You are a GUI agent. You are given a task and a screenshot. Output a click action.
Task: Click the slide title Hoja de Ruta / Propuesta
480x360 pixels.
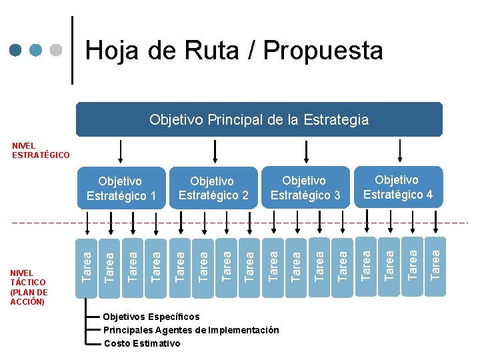click(234, 51)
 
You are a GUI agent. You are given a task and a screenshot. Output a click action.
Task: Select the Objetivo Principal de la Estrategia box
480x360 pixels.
click(259, 120)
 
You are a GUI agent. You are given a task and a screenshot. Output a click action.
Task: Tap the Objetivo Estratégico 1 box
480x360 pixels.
click(121, 188)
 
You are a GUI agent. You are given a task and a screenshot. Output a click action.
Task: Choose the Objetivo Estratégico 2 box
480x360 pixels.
click(213, 188)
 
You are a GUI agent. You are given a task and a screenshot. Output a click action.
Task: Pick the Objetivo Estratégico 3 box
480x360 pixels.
click(305, 187)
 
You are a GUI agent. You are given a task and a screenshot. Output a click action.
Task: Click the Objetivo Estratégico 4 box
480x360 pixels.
click(397, 187)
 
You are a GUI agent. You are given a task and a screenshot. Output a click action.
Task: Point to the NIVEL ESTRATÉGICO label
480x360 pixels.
click(40, 151)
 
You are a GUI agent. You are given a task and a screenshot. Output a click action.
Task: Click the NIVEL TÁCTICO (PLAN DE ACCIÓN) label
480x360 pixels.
click(29, 287)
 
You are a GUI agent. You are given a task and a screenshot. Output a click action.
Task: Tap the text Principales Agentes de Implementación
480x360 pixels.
click(191, 330)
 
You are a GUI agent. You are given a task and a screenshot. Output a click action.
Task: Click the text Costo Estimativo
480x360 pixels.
click(142, 343)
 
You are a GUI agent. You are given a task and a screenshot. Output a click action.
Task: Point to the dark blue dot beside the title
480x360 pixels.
click(17, 50)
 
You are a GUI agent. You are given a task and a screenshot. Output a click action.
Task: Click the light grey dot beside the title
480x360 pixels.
click(57, 50)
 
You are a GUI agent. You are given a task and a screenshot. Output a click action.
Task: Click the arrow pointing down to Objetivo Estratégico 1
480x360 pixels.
click(121, 152)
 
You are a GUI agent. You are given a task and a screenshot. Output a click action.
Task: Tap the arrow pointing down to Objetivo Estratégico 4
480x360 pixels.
click(397, 152)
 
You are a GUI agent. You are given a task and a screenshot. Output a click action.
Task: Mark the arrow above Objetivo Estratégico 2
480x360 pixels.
click(214, 152)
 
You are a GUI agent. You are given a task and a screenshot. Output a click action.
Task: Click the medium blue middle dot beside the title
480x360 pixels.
click(37, 50)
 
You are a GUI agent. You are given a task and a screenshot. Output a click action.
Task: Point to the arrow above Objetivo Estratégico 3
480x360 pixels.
click(305, 152)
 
